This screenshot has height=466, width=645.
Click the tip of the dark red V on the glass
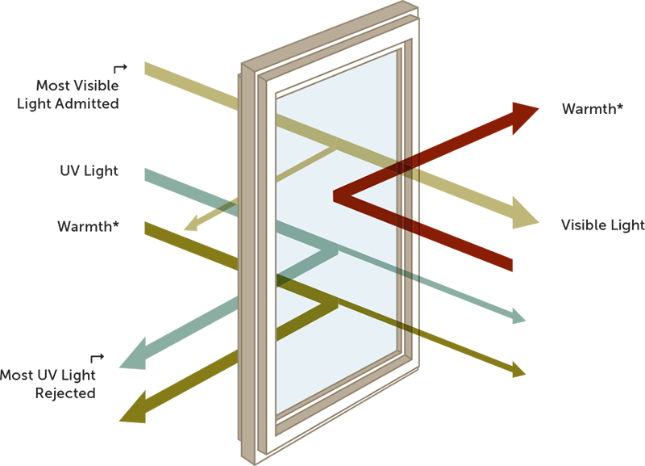pos(336,193)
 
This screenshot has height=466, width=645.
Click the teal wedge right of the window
pos(524,311)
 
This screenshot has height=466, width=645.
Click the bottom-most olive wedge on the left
pos(153,416)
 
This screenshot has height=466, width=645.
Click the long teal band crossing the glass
pos(347,250)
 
